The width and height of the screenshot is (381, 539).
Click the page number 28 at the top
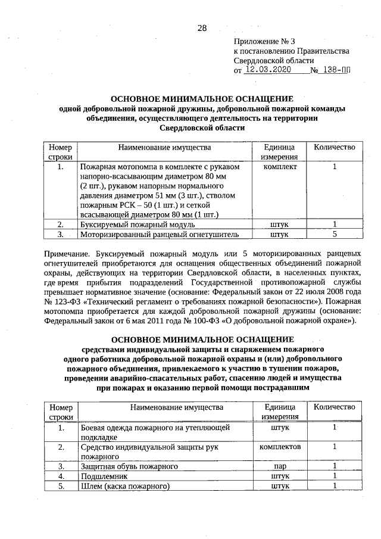point(201,28)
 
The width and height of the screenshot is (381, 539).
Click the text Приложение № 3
point(264,42)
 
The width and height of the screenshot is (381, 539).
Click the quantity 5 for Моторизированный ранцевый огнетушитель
point(335,235)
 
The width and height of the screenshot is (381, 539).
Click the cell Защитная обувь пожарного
point(129,466)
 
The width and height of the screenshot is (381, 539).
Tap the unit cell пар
point(279,466)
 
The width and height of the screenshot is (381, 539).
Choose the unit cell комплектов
point(279,446)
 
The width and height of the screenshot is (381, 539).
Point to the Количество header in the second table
point(335,407)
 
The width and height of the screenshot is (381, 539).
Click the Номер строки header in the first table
point(61,151)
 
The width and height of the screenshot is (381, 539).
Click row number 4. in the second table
point(61,476)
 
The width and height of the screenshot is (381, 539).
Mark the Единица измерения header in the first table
point(279,151)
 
